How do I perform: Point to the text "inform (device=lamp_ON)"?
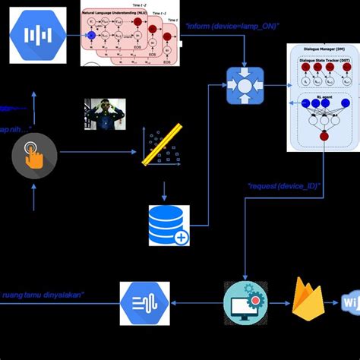[x=232, y=27]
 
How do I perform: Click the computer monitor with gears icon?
[x=245, y=301]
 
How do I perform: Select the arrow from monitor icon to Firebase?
[x=278, y=302]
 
